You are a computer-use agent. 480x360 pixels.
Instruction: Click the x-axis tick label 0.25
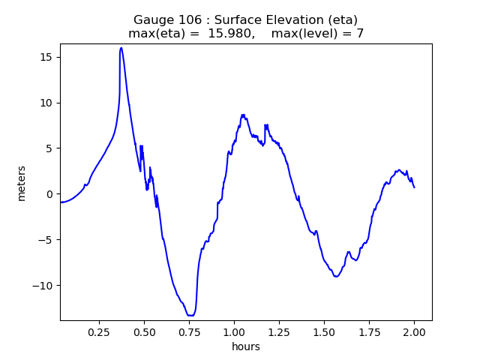coord(99,331)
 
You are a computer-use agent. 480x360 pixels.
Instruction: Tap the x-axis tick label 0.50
coord(144,331)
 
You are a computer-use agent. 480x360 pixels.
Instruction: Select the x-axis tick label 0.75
coord(189,331)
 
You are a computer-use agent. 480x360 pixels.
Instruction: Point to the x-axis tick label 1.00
coord(234,331)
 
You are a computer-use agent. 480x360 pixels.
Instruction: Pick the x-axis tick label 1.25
coord(279,331)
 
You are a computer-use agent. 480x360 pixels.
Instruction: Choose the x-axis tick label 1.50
coord(324,331)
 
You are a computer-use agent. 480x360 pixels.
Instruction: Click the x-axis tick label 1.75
coord(369,331)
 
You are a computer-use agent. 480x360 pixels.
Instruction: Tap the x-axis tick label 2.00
coord(414,331)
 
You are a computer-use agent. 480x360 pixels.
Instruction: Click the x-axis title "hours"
coord(246,346)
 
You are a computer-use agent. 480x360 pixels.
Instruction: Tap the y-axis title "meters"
coord(22,183)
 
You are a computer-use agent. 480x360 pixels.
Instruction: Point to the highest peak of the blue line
coord(121,48)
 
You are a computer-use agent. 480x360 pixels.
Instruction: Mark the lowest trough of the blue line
coord(190,316)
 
